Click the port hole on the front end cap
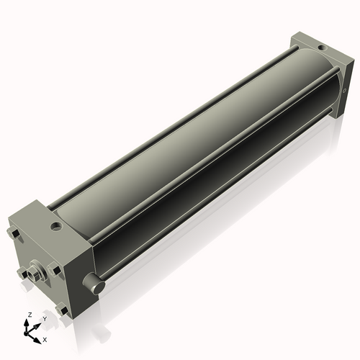click(x=56, y=227)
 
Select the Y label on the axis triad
click(x=45, y=318)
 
